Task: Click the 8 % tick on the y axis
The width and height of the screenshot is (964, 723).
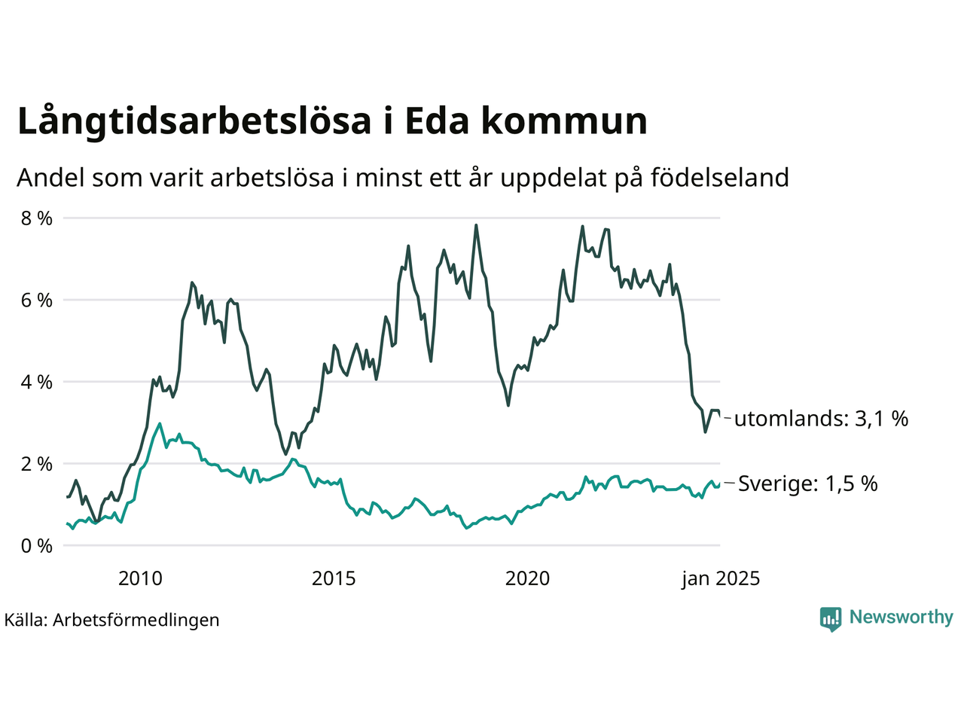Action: (36, 218)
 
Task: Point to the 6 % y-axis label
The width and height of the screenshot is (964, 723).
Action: (36, 300)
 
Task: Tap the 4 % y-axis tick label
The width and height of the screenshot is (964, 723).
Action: (36, 382)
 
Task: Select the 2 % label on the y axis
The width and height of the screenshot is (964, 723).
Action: (36, 464)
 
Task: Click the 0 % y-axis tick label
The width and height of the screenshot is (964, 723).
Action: (36, 546)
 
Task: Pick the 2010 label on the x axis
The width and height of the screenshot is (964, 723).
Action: (140, 578)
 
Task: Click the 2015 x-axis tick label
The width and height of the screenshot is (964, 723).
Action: (334, 578)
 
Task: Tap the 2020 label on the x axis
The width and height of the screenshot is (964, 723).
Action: (527, 578)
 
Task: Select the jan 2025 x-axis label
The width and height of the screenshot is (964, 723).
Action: (721, 578)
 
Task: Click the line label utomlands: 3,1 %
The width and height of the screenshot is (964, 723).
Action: (821, 419)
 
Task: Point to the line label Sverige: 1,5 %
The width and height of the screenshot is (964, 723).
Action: (807, 484)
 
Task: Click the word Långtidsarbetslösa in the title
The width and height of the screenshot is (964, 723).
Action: (194, 122)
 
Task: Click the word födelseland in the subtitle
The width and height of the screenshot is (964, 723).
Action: (719, 178)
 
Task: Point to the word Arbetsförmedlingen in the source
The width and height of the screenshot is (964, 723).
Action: (136, 620)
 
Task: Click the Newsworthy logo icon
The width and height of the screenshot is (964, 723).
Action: (831, 619)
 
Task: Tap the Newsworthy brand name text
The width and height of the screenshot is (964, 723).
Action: (901, 618)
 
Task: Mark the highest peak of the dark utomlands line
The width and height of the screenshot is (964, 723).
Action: (476, 224)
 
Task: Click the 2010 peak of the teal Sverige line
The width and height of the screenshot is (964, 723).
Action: (160, 423)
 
